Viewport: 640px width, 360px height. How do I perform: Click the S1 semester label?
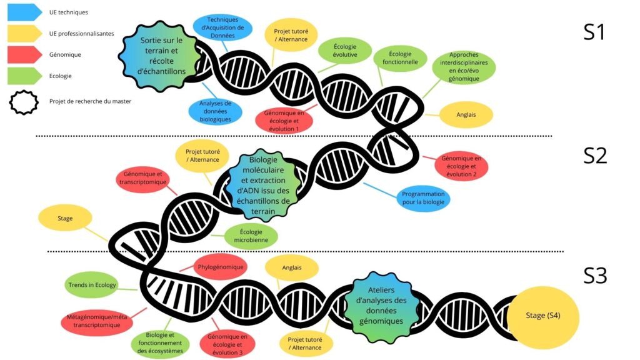pos(594,31)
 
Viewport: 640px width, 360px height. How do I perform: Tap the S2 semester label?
pos(595,155)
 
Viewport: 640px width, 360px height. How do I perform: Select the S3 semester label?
pos(595,275)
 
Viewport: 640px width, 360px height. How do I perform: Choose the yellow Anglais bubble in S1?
pos(466,114)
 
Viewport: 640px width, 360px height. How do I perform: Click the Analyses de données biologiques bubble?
pos(216,111)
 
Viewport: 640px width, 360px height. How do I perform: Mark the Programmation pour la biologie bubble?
pos(423,198)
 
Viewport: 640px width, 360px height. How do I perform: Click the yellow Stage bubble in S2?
pos(65,219)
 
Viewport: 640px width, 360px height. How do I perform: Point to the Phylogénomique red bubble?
pos(220,267)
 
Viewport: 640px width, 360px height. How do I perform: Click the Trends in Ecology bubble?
pos(91,286)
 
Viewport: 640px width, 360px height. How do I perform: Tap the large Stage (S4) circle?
pos(542,316)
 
